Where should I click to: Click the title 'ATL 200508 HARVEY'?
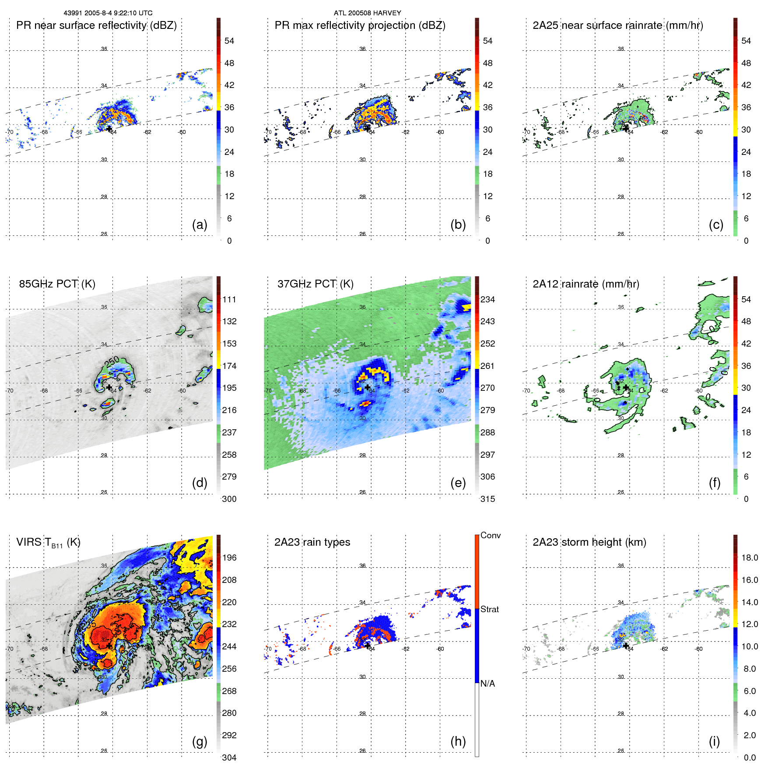tap(367, 13)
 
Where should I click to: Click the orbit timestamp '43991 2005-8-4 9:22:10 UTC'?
tap(108, 13)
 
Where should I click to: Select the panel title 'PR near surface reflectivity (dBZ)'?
tap(96, 25)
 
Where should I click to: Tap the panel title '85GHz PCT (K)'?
tap(57, 284)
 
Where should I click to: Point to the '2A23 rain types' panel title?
tap(312, 542)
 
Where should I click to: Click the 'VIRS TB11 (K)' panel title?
tap(48, 543)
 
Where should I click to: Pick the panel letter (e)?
tap(458, 483)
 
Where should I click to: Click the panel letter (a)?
tap(200, 224)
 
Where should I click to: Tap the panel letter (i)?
tap(714, 741)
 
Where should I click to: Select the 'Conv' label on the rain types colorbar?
tap(490, 535)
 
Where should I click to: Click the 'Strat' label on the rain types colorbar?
tap(489, 609)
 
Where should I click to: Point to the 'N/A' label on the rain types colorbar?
tap(487, 684)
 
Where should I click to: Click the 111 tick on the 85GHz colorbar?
tap(229, 299)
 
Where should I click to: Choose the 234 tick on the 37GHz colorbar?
tap(487, 299)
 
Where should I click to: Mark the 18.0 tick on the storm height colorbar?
tap(749, 558)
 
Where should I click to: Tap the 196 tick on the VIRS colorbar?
tap(229, 558)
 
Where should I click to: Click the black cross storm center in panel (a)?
tap(109, 129)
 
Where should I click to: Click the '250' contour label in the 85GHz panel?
tap(112, 361)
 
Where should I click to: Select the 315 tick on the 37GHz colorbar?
tap(487, 499)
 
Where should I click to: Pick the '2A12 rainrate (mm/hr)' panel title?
tap(586, 284)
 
